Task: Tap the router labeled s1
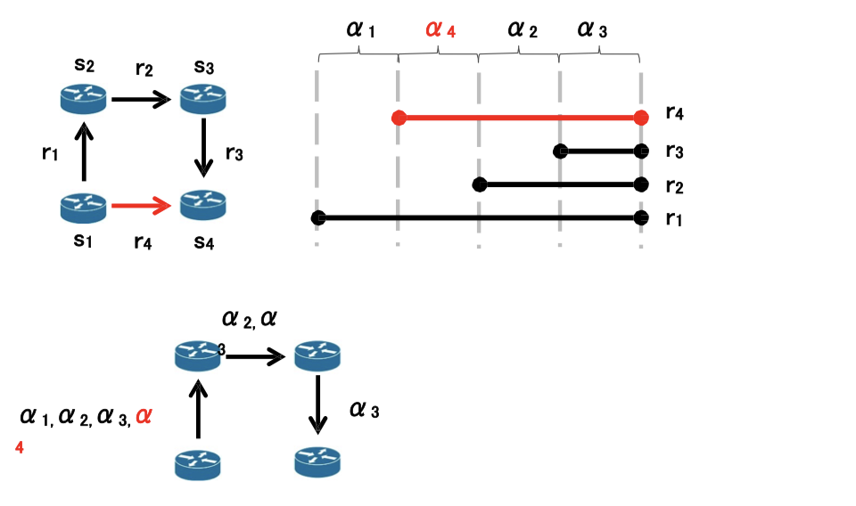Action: (84, 207)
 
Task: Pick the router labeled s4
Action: (204, 206)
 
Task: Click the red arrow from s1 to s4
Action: (141, 207)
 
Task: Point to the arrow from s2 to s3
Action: (141, 98)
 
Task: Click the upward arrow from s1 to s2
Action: (84, 151)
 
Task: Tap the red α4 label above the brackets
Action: (440, 30)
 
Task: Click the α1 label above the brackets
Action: (360, 30)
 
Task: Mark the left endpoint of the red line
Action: (399, 118)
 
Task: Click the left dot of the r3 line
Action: (560, 151)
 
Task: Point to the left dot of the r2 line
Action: (480, 184)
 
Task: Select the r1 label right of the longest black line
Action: (675, 217)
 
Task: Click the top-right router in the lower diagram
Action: (317, 355)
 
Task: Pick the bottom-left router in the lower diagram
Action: (197, 463)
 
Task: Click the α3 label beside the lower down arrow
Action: (365, 410)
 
